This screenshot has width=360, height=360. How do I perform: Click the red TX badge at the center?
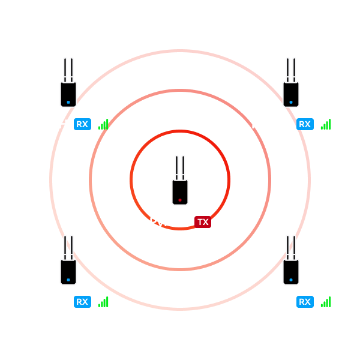203,222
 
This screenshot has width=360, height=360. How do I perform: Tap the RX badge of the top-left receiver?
82,124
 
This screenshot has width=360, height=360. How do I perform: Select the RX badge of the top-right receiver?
305,124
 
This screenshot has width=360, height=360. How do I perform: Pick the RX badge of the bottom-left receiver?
82,302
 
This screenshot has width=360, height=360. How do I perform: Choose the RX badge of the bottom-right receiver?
305,302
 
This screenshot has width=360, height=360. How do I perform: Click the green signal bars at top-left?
103,124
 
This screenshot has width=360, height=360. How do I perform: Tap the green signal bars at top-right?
326,124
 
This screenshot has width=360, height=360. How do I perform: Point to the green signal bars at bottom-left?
103,302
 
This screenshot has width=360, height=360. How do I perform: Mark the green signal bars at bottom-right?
326,302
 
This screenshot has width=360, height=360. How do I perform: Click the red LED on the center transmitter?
180,200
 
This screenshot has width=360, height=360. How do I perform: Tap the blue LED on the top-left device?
68,102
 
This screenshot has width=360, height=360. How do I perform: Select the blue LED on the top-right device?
291,102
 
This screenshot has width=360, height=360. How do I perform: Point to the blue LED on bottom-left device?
68,280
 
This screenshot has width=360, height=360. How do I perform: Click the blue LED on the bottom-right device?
291,280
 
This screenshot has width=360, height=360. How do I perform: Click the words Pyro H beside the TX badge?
169,223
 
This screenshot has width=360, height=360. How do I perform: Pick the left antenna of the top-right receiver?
288,70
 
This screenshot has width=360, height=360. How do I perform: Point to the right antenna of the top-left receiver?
72,70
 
